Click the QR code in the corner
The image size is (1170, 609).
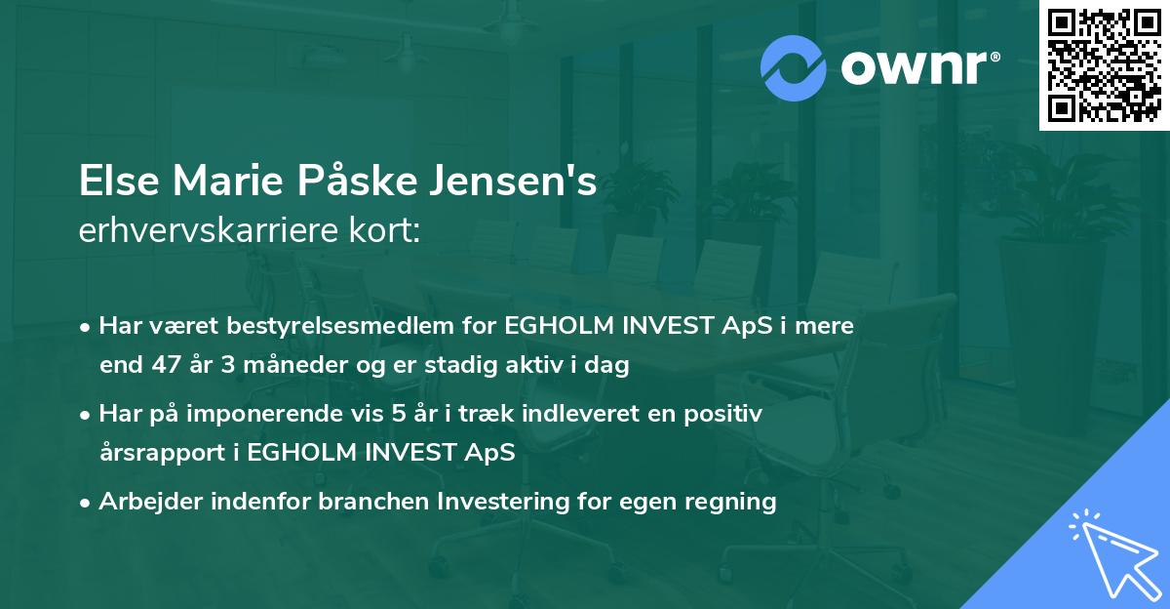point(1104,65)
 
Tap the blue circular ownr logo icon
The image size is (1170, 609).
point(794,67)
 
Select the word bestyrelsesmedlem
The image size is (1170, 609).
point(326,326)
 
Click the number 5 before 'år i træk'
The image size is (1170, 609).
point(398,414)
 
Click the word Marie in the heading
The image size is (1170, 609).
point(221,183)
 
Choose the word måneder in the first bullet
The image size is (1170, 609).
point(282,366)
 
